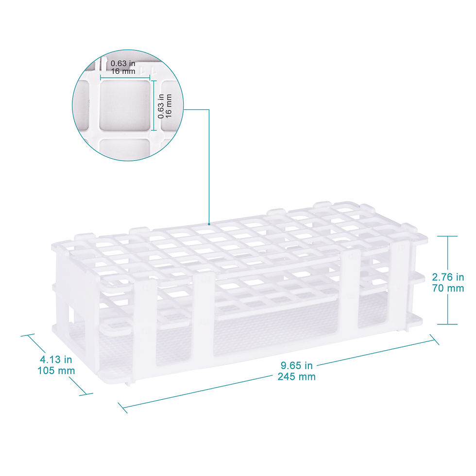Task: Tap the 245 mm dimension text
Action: coord(296,376)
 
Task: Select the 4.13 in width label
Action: coord(56,360)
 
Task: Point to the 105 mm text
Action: coord(56,371)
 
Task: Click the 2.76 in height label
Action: coord(447,277)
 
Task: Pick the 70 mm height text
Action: coord(447,288)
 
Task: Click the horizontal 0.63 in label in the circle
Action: coord(122,63)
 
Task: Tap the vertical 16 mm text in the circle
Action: coord(169,106)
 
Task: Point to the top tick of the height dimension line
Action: coord(447,236)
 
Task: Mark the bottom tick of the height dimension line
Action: coord(447,324)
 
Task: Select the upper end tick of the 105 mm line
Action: coord(28,335)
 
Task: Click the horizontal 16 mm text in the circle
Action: coord(122,71)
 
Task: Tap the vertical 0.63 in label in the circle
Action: coord(161,106)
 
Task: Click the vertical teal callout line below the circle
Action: coord(209,165)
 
